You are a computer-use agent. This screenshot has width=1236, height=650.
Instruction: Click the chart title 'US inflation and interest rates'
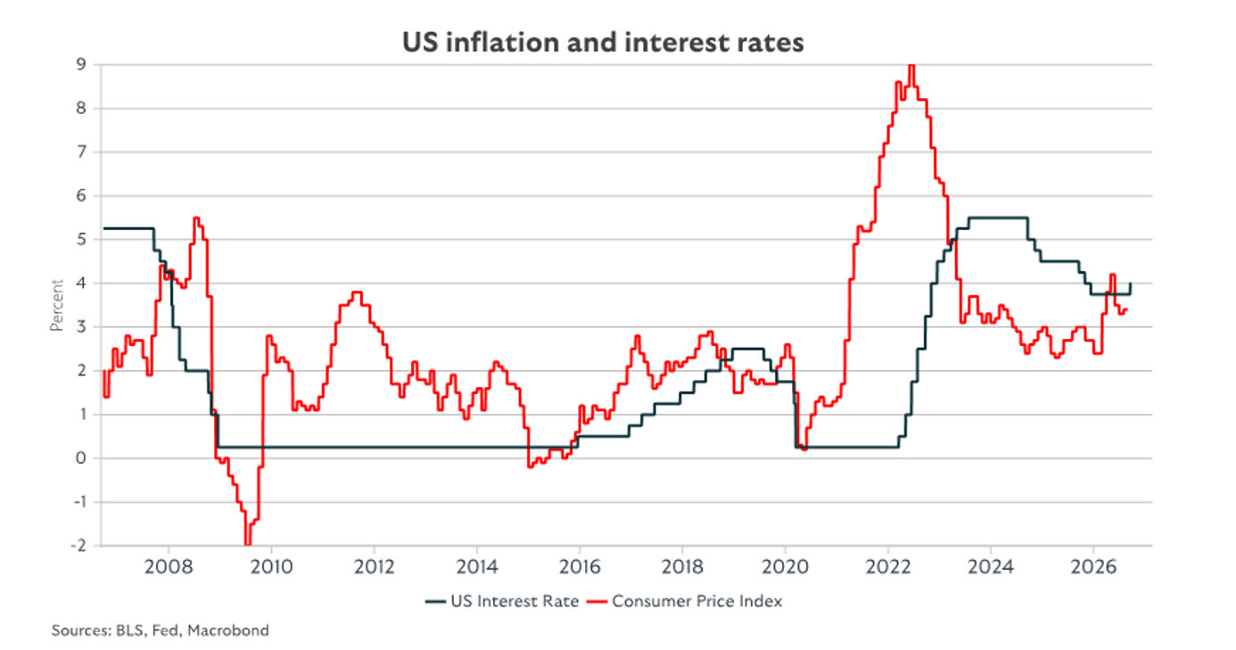tap(603, 43)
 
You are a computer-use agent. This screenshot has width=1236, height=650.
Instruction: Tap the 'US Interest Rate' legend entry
tap(502, 601)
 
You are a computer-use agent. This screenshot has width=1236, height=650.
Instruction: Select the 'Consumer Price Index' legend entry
tap(684, 601)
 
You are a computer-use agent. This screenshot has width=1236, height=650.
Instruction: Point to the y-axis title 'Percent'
tap(57, 305)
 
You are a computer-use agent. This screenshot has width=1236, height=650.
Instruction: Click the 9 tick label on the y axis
tap(81, 64)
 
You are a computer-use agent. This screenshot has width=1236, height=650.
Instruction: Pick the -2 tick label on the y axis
tap(78, 545)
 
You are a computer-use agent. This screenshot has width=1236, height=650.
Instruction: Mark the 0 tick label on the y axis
tap(81, 458)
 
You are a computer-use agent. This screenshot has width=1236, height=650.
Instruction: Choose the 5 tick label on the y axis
tap(81, 240)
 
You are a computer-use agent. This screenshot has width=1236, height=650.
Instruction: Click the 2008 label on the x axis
tap(169, 567)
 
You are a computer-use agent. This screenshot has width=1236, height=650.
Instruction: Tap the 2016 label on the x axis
tap(580, 567)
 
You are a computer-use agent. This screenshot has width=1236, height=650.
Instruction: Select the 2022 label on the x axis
tap(888, 567)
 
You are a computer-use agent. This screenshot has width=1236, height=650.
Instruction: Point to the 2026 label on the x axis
tap(1093, 567)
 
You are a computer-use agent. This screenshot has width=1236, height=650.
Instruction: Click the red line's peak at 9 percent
tap(911, 66)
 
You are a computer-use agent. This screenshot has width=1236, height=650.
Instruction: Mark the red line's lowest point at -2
tap(248, 544)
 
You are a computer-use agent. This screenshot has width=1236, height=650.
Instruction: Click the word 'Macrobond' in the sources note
tap(228, 630)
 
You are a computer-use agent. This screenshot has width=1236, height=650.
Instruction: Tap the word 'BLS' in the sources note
tap(129, 630)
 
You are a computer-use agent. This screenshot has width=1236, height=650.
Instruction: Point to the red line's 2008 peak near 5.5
tap(196, 218)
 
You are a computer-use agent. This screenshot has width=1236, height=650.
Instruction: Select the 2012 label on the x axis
tap(375, 567)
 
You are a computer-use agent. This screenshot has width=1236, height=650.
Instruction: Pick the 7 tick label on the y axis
tap(81, 152)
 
